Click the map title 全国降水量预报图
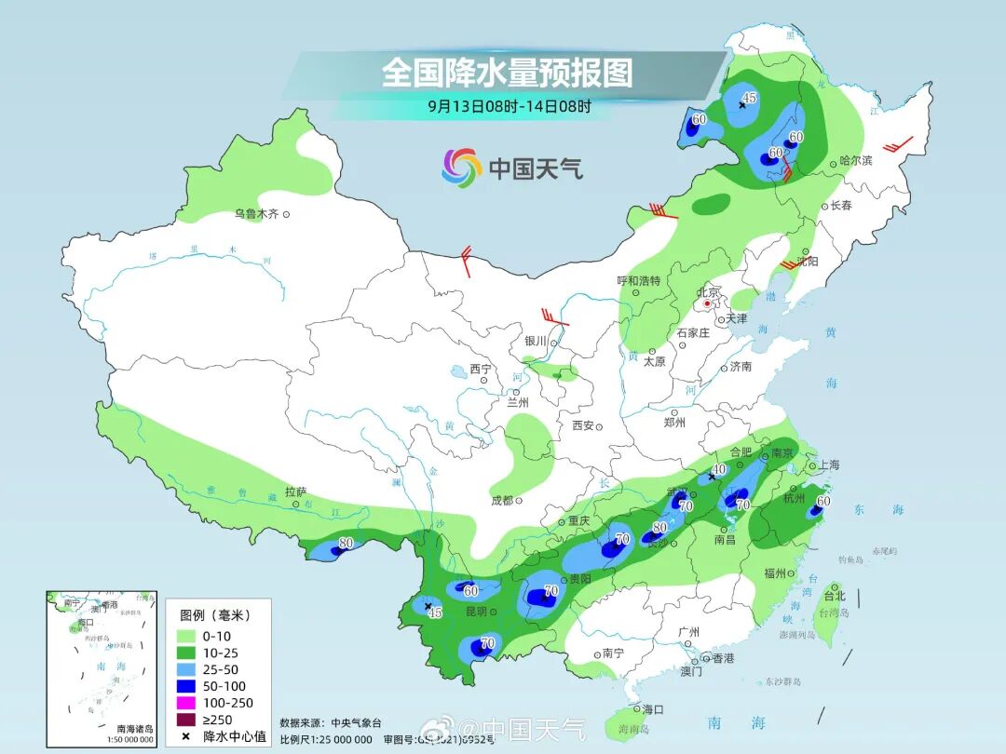click(x=507, y=73)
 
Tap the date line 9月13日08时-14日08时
click(x=509, y=106)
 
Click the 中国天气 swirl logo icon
click(x=461, y=168)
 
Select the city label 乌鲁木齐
click(x=256, y=214)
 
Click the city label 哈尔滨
click(x=855, y=161)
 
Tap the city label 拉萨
click(x=295, y=491)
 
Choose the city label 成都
click(x=501, y=500)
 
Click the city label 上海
click(x=828, y=465)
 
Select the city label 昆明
click(x=476, y=612)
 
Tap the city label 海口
click(x=653, y=709)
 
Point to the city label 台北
click(x=835, y=595)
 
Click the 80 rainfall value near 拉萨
click(x=347, y=543)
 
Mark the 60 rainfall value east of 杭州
click(x=822, y=501)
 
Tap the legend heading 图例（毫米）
click(x=214, y=615)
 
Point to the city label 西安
click(x=582, y=425)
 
